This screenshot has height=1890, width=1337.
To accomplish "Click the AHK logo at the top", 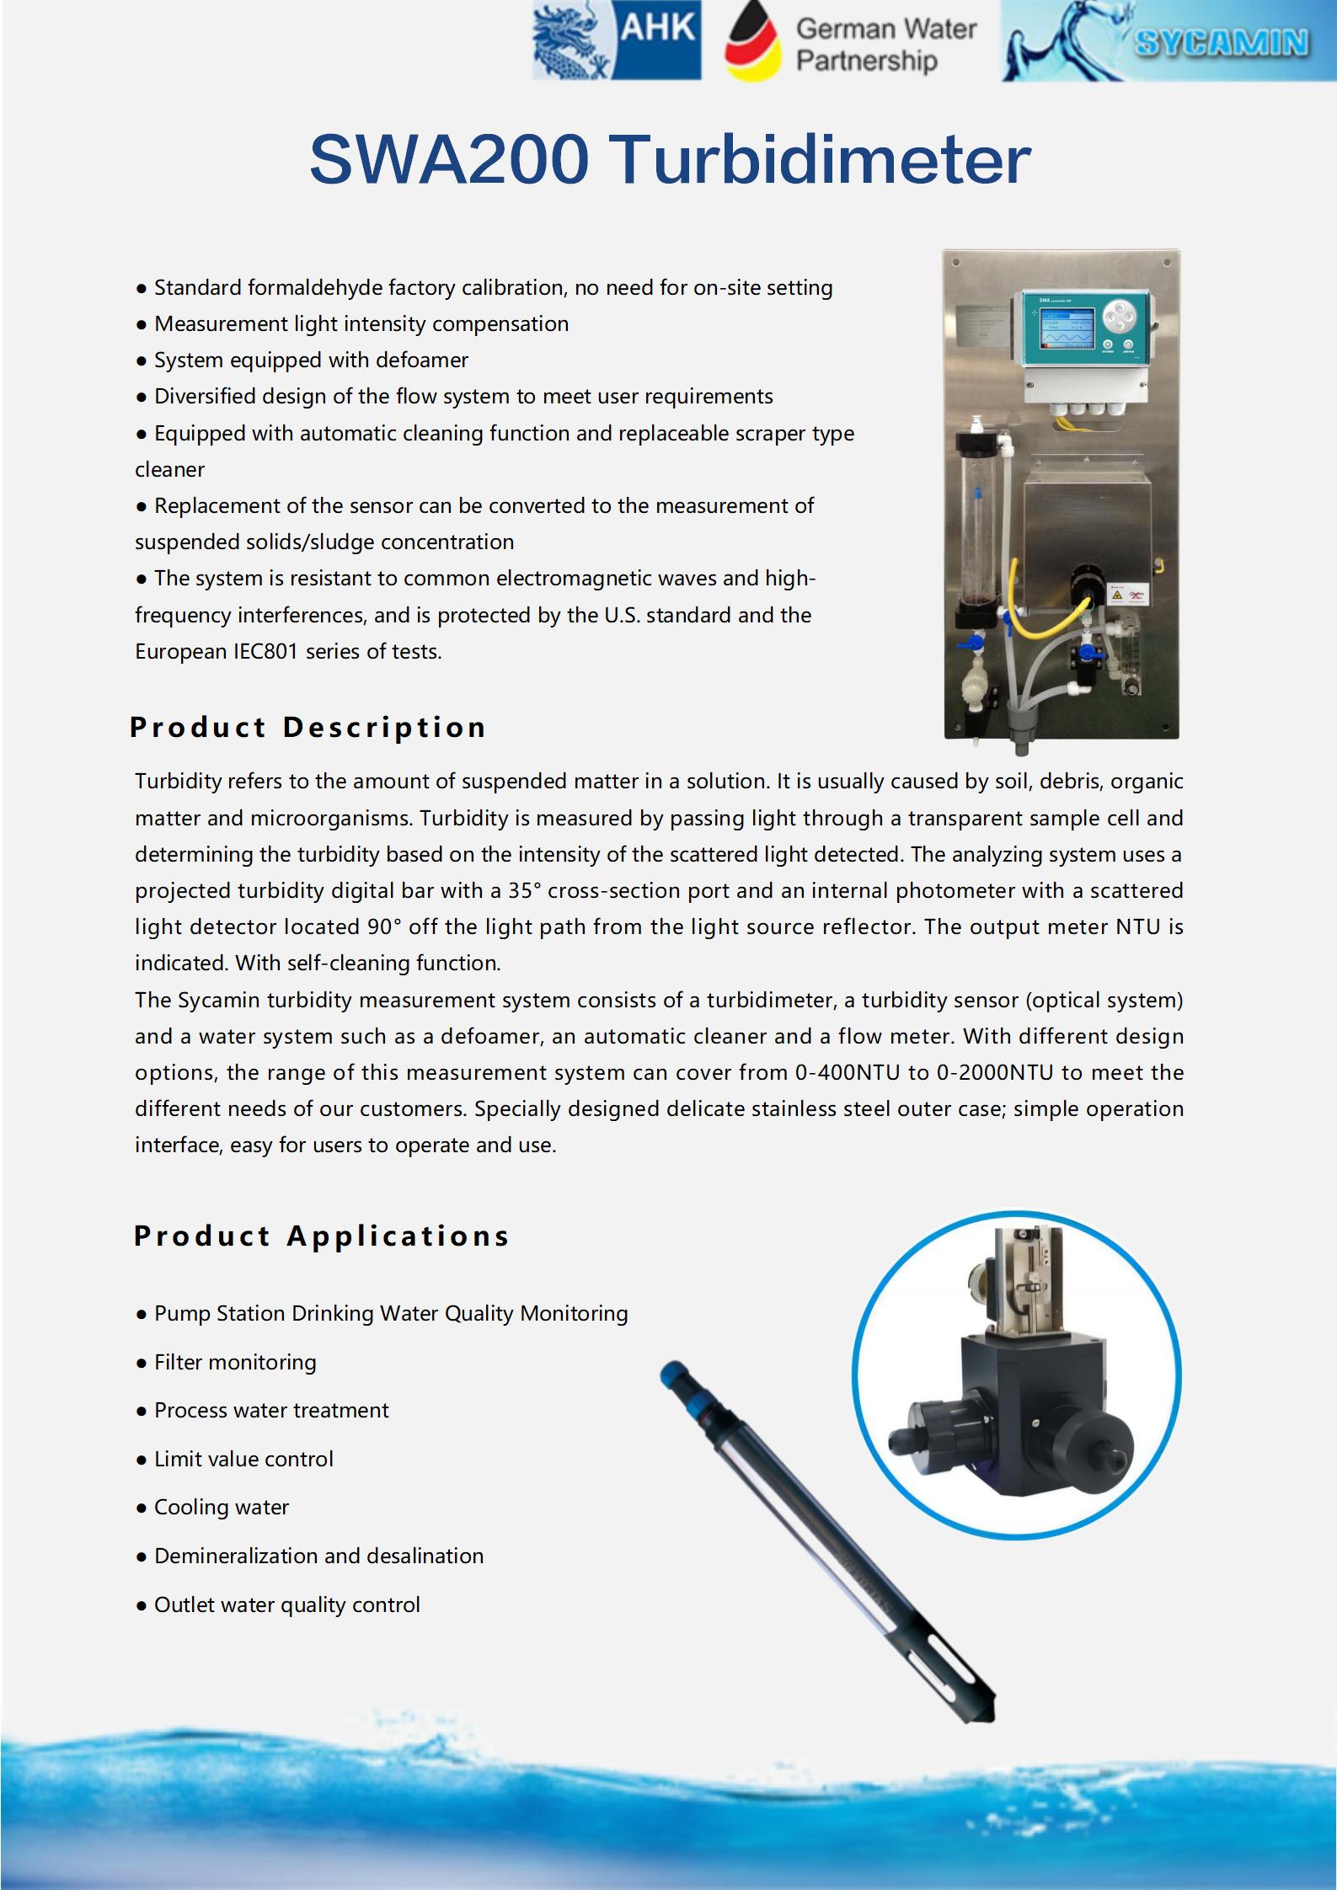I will tap(617, 40).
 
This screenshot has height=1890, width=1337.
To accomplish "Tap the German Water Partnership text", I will tap(885, 45).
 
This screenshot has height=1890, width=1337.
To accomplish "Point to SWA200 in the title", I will tap(449, 160).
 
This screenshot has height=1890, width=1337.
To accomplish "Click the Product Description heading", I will tap(308, 727).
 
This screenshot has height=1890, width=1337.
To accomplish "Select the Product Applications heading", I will tap(322, 1236).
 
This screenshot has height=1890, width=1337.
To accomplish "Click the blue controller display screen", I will tap(1067, 328).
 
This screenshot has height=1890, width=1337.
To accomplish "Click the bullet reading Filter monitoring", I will tap(235, 1362).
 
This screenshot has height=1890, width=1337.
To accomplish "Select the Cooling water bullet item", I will tap(221, 1507).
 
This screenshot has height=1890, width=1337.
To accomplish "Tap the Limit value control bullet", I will tap(243, 1459).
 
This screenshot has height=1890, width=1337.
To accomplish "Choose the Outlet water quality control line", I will tap(286, 1604).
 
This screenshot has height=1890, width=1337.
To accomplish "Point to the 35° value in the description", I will tap(524, 890).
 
